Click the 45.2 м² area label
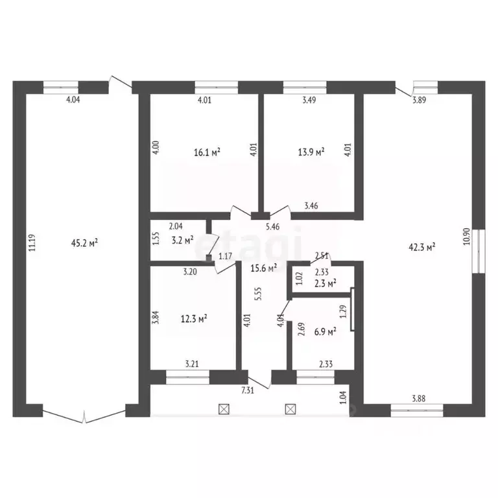point(84,243)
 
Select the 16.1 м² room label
point(207,152)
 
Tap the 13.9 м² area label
point(311,152)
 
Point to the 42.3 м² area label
point(421,247)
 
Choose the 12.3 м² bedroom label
point(194,318)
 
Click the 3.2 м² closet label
point(183,240)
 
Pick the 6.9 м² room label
point(326,332)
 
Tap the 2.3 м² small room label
point(326,283)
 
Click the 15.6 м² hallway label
point(264,268)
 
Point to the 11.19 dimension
point(32,243)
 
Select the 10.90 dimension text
point(466,236)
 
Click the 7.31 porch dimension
point(248,390)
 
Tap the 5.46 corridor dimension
point(272,227)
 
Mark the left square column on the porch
point(224,409)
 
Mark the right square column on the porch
point(290,409)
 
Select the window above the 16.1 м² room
point(217,88)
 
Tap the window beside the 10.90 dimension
point(479,251)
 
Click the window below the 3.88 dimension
point(417,410)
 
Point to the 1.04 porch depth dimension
point(343,397)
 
